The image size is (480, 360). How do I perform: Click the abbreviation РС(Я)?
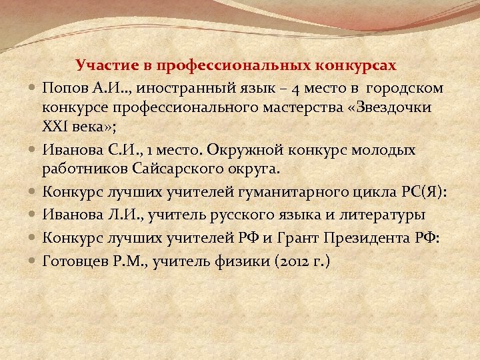423,193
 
